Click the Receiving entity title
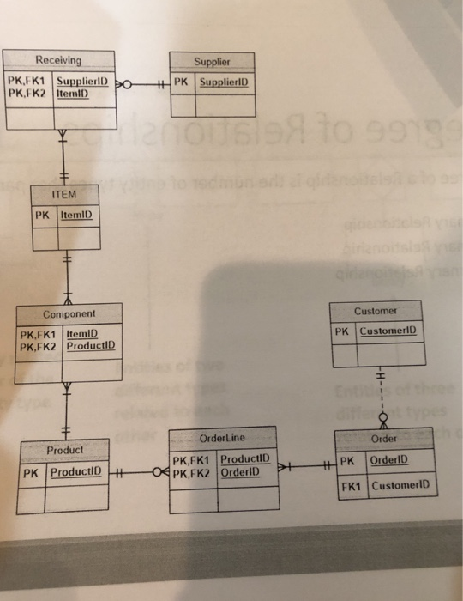58,60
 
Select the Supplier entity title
212,62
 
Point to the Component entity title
69,315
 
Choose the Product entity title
64,449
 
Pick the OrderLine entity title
221,438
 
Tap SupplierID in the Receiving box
85,81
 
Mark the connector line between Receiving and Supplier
146,83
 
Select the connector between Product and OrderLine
137,471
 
